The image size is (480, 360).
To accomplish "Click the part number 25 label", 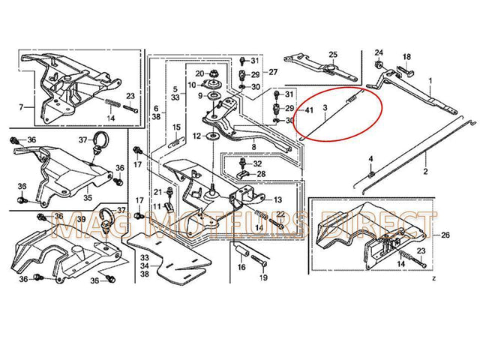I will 333,55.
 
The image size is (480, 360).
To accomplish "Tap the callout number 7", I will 20,107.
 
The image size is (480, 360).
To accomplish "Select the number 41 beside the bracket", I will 307,110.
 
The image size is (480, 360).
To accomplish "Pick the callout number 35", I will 87,198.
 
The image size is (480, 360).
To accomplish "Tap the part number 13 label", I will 278,200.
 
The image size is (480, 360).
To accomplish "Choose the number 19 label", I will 263,277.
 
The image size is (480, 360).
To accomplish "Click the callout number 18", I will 407,57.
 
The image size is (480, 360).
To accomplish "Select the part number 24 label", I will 379,52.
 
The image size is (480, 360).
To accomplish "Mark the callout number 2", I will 425,172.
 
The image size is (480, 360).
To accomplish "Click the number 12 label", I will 196,136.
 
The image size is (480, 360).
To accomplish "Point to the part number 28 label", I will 260,174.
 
